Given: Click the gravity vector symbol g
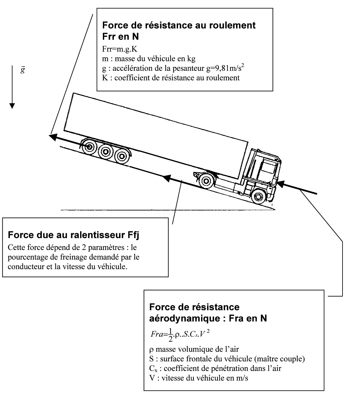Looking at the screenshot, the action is (23, 70).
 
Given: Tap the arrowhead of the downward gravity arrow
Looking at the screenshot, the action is (12, 106).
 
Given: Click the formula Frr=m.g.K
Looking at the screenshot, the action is (120, 49).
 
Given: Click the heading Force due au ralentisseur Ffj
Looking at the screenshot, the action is (74, 235).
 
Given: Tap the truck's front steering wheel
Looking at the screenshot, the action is (258, 196).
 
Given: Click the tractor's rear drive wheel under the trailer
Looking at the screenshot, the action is (206, 181).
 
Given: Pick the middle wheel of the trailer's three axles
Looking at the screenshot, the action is (105, 152).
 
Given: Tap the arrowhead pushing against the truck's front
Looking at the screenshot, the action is (281, 184).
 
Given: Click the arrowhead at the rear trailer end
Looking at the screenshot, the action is (53, 137).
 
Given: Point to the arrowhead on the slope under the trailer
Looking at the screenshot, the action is (167, 178).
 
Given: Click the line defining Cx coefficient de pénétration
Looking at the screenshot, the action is (215, 368).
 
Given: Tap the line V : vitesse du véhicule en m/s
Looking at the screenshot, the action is (199, 378).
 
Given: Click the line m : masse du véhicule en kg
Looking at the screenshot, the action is (149, 59).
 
